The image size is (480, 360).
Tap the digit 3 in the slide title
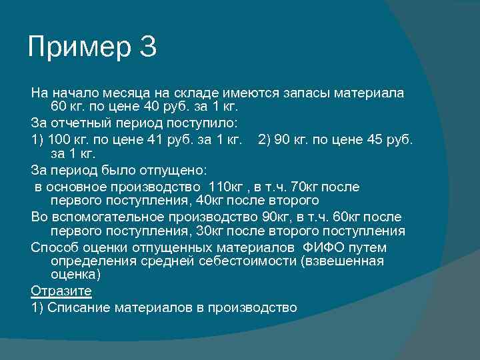click(x=148, y=47)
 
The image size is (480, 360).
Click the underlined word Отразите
click(x=61, y=291)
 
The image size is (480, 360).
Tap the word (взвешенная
click(x=342, y=261)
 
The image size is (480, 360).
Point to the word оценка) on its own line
click(x=75, y=274)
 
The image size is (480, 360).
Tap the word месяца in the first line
click(x=107, y=92)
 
